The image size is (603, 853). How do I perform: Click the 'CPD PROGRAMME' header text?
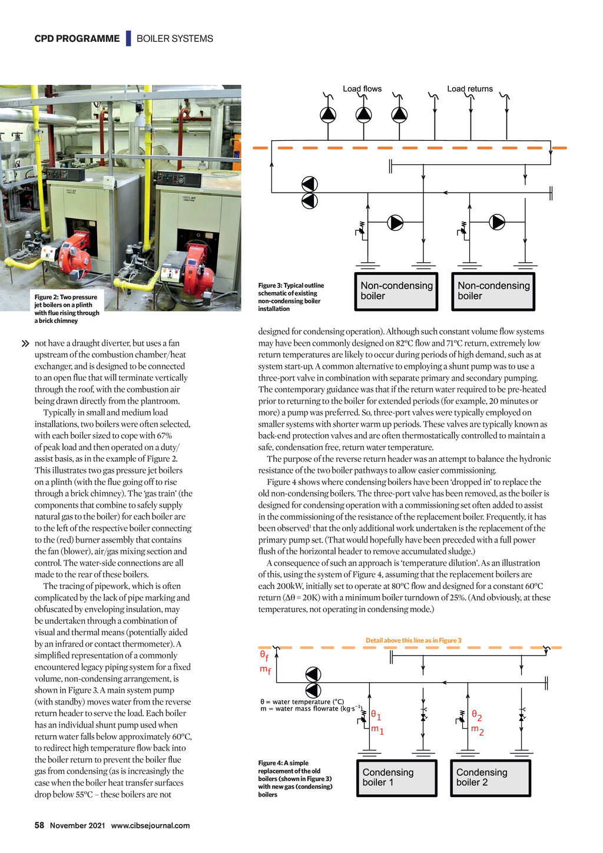pyautogui.click(x=77, y=39)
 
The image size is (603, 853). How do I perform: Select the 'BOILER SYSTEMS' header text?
pyautogui.click(x=175, y=39)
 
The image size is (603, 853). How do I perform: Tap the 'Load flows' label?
pyautogui.click(x=362, y=89)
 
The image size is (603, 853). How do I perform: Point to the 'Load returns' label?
pyautogui.click(x=469, y=89)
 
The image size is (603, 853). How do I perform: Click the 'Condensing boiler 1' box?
pyautogui.click(x=396, y=778)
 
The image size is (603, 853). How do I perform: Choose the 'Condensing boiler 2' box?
pyautogui.click(x=490, y=778)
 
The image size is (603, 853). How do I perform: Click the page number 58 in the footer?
pyautogui.click(x=39, y=825)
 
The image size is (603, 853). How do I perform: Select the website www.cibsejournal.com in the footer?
pyautogui.click(x=150, y=826)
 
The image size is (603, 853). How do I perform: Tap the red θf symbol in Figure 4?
pyautogui.click(x=264, y=655)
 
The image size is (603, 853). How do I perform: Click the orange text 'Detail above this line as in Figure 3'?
pyautogui.click(x=413, y=640)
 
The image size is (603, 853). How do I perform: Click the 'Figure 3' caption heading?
pyautogui.click(x=274, y=286)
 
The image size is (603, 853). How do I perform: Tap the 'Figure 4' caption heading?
pyautogui.click(x=274, y=763)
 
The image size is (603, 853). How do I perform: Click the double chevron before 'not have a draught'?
pyautogui.click(x=25, y=343)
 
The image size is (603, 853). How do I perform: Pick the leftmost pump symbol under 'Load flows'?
pyautogui.click(x=328, y=114)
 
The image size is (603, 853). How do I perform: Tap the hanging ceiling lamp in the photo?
pyautogui.click(x=139, y=121)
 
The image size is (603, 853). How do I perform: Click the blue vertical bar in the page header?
pyautogui.click(x=128, y=39)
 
